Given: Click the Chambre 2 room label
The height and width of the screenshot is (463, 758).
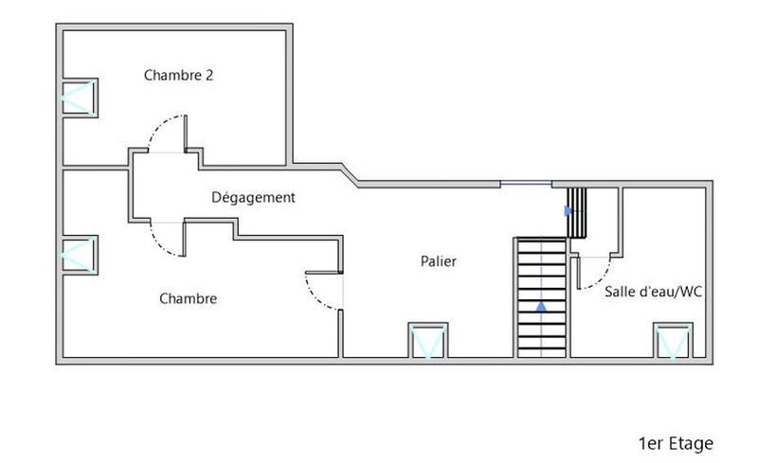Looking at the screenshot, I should tap(178, 75).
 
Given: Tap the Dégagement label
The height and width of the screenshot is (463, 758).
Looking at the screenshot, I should tap(253, 198).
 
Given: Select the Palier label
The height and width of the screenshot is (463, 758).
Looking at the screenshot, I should tap(439, 261).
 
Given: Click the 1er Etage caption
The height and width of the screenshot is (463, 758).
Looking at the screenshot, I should tap(676, 443).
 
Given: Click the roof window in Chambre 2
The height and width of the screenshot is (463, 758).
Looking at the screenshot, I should tap(79, 98).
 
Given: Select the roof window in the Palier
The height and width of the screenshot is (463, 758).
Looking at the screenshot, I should tap(425, 341).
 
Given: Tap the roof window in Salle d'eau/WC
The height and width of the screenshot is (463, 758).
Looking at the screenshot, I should tap(673, 341).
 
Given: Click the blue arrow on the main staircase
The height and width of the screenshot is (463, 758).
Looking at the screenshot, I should tap(541, 307).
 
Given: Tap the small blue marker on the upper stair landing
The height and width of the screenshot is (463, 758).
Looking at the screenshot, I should tap(568, 210).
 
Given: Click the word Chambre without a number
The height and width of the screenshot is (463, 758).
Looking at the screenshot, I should tap(189, 299).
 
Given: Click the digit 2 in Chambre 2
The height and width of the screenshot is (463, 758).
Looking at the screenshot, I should tap(208, 75).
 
